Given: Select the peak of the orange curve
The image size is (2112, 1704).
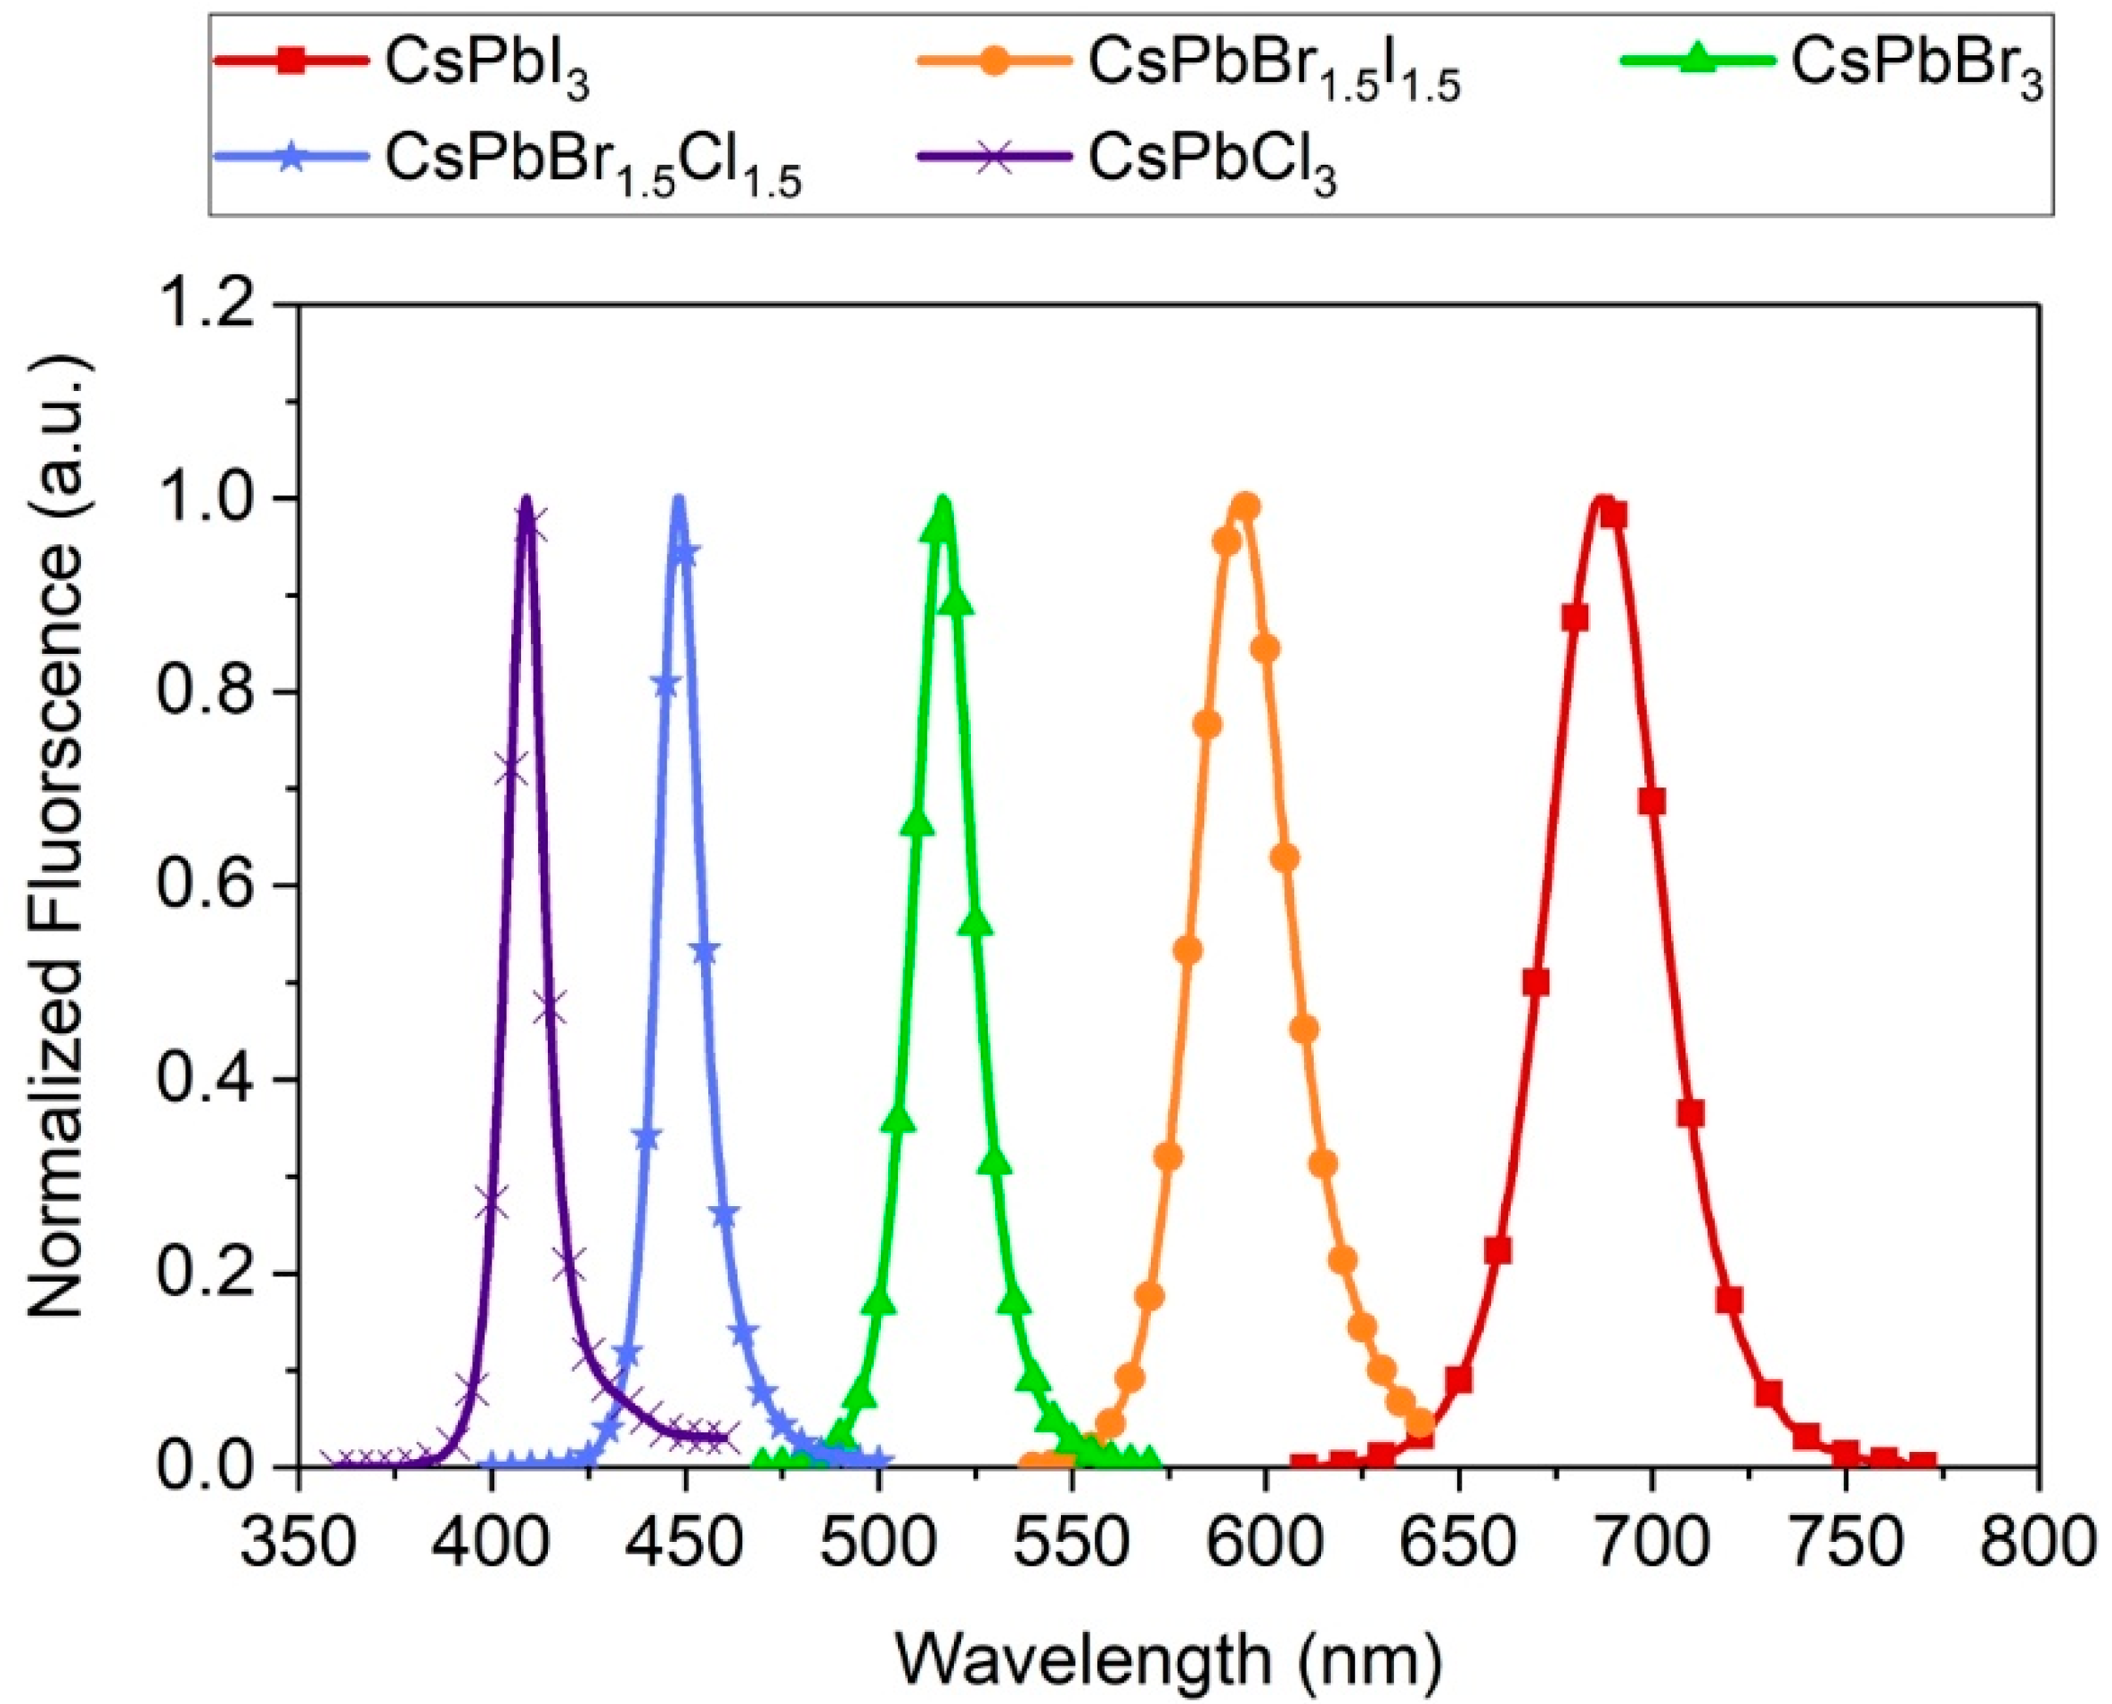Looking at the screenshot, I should click(1244, 502).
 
